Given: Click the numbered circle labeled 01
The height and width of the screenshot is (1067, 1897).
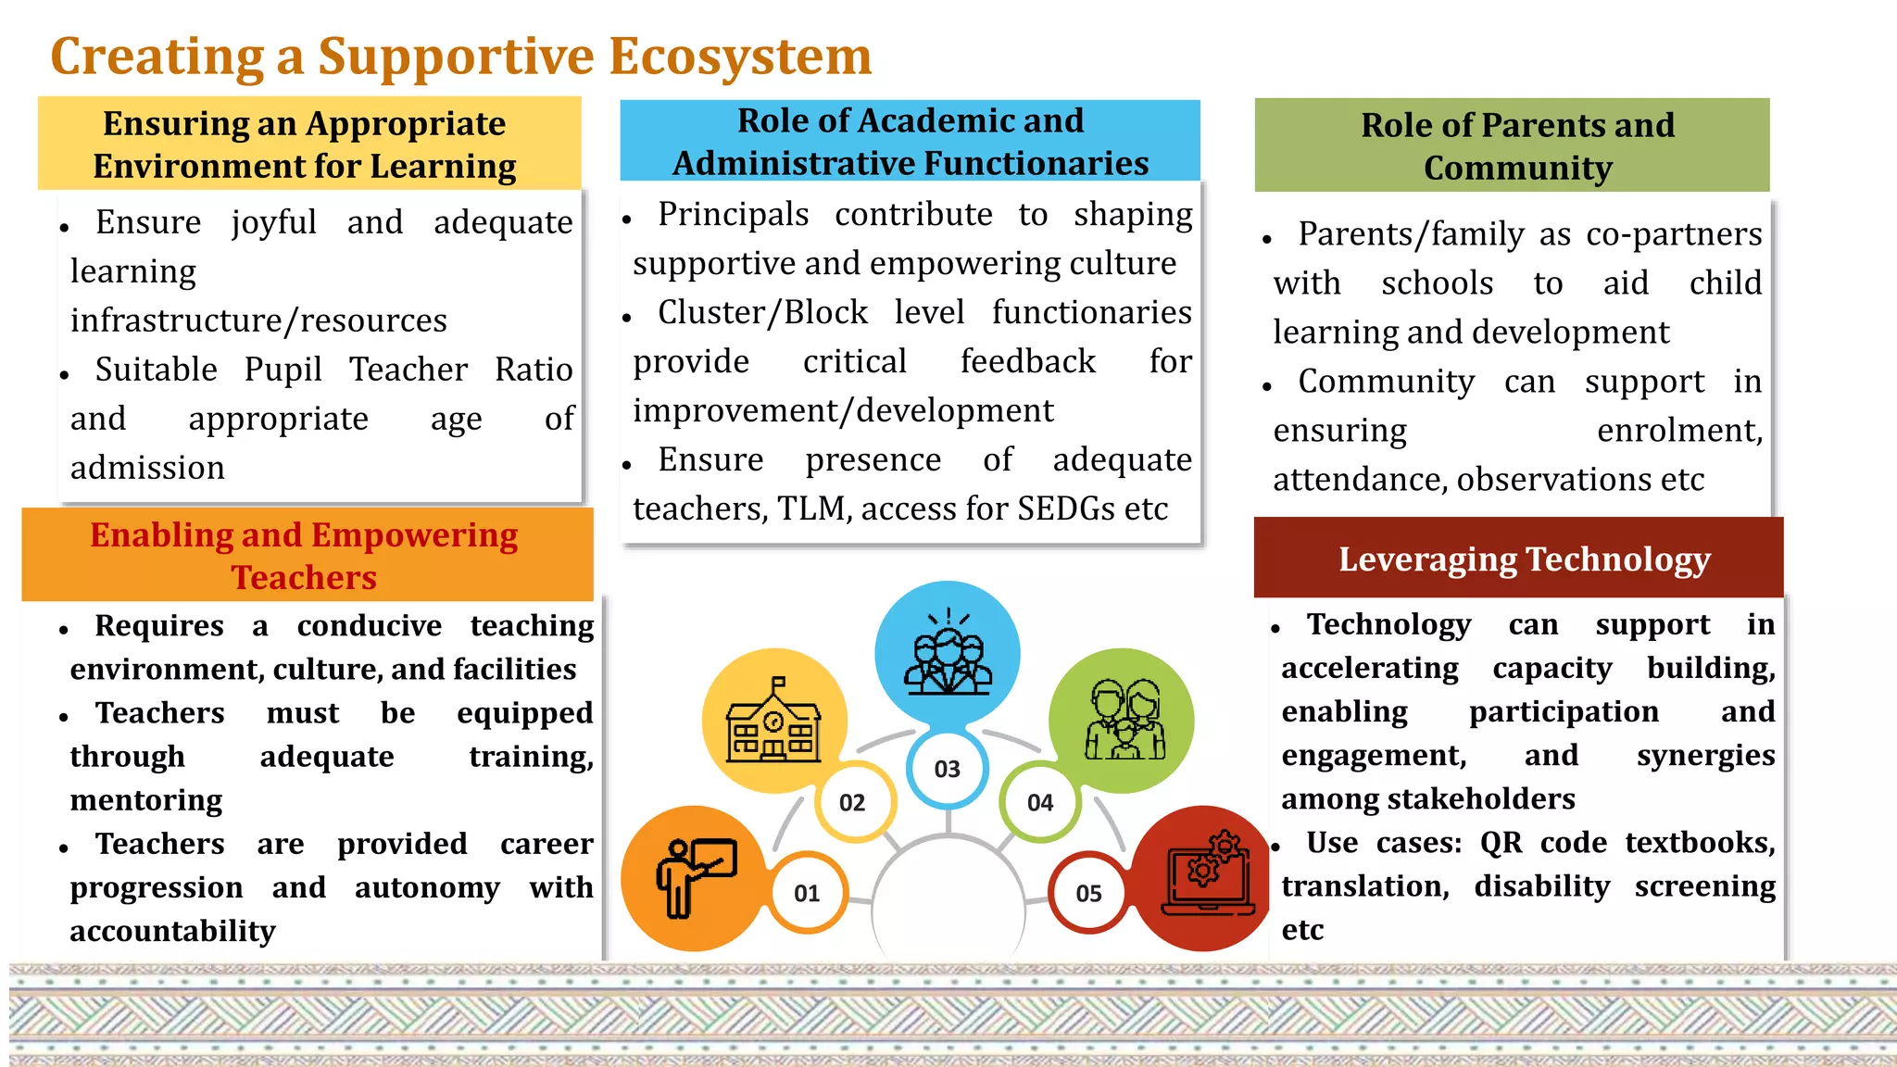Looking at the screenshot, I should coord(807,893).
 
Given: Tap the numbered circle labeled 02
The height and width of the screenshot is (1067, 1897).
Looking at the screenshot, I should coord(853,802).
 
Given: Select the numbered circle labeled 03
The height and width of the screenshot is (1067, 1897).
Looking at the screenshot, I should coord(947,769).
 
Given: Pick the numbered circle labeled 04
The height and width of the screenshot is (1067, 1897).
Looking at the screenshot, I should coord(1040,802).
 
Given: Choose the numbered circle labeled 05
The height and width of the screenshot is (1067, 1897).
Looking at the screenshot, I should coord(1088,893).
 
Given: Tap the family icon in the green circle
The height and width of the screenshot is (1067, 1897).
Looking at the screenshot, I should coord(1123,720).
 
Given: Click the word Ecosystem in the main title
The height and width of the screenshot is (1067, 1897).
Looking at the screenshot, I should coord(740,56).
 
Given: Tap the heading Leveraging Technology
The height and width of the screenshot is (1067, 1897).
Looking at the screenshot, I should coord(1524,559).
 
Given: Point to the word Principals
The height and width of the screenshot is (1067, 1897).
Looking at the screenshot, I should coord(734,215).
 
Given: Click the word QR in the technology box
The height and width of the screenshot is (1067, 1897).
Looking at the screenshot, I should coord(1501,843).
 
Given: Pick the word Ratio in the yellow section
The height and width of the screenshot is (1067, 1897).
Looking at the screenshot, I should coord(534,370).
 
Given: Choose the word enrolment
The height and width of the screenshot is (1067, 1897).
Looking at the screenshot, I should coord(1679,431).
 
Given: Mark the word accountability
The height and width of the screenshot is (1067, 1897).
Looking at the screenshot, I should coord(173,931).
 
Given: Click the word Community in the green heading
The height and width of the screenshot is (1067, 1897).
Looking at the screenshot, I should coord(1517,169).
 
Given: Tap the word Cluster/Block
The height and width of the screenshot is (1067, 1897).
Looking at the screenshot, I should coord(763,313).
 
